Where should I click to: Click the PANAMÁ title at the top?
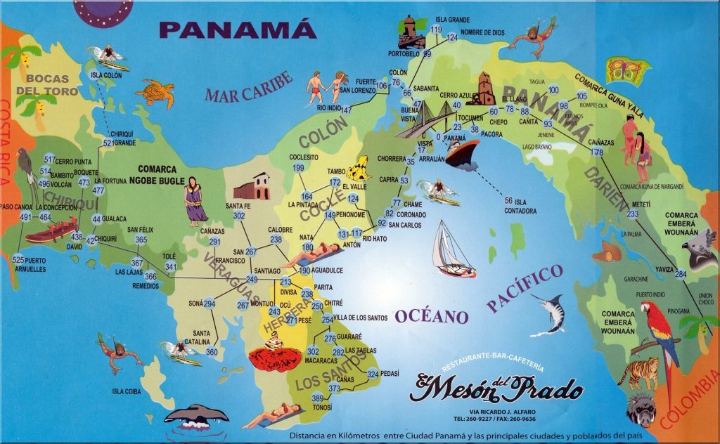point(237,30)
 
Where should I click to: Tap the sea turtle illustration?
point(155,92)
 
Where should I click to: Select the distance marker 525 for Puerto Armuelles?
point(18,259)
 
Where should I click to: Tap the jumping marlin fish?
point(551,313)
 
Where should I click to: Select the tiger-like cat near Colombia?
point(641,372)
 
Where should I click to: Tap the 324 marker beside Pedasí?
point(373,374)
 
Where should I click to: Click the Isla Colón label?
point(107,75)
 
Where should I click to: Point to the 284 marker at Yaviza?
point(680,274)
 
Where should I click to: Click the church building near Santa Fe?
point(252,186)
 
